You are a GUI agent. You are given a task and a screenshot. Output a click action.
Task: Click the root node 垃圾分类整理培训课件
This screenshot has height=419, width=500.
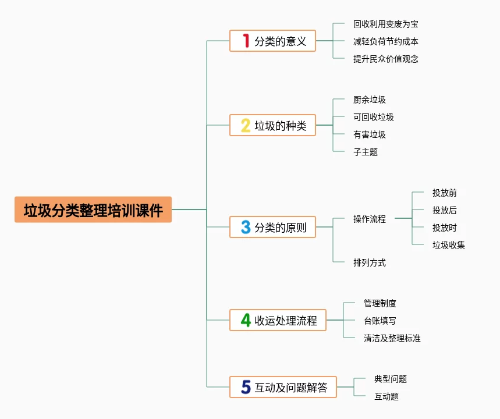(93, 210)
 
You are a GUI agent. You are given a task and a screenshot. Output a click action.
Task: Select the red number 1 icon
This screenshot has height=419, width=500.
(246, 41)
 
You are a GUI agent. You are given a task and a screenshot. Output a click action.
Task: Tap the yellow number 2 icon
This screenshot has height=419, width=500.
(246, 125)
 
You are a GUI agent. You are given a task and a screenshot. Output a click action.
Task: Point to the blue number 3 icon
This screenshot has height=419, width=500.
(246, 227)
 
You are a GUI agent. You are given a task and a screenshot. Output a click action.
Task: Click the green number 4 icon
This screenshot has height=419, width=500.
(246, 320)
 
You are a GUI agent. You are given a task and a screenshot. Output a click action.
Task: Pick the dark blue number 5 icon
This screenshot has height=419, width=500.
(246, 387)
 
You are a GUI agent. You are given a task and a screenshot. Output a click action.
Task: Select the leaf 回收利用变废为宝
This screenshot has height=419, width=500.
(385, 24)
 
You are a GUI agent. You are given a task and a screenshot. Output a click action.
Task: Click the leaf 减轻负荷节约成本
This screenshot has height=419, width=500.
(385, 41)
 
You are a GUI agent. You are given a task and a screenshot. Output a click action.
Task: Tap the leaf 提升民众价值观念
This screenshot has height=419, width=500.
(385, 59)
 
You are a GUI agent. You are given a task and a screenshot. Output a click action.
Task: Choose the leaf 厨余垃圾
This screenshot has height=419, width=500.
(369, 100)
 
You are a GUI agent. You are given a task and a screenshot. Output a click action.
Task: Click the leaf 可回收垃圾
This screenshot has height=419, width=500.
(373, 117)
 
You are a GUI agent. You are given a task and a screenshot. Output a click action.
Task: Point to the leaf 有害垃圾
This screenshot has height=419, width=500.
(369, 134)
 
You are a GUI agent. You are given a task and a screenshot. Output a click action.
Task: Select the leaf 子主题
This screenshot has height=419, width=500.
(365, 152)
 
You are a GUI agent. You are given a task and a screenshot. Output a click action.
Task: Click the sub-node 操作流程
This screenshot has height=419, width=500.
(369, 219)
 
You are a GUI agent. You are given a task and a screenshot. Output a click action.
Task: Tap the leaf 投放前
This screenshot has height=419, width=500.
(444, 193)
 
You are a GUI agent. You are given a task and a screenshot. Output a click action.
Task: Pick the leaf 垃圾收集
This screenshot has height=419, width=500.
(448, 245)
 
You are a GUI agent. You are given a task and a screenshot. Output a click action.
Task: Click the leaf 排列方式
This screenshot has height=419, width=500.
(369, 262)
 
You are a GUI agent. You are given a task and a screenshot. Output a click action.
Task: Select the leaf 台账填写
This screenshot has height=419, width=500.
(380, 321)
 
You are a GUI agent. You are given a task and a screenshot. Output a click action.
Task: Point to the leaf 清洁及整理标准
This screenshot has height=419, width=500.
(392, 338)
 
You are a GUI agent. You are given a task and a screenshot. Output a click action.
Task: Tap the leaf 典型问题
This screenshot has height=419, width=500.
(390, 379)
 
